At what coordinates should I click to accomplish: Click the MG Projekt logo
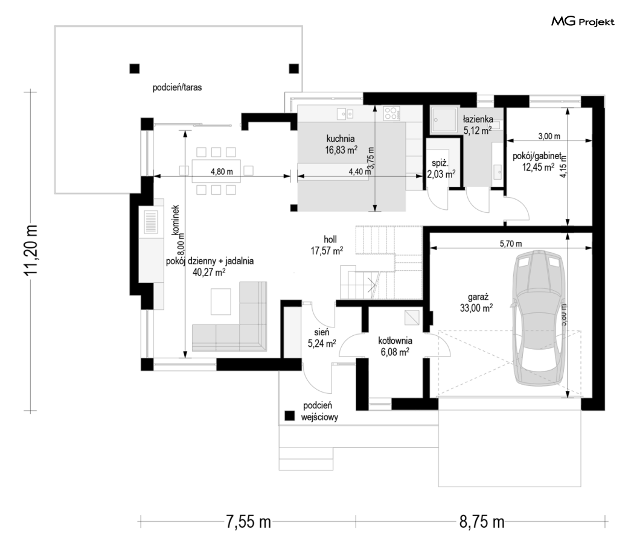tap(583, 22)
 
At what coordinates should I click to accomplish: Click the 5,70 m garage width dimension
tap(510, 243)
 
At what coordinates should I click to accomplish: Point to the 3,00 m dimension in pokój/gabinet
tap(548, 136)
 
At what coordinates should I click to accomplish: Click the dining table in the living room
tap(217, 170)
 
